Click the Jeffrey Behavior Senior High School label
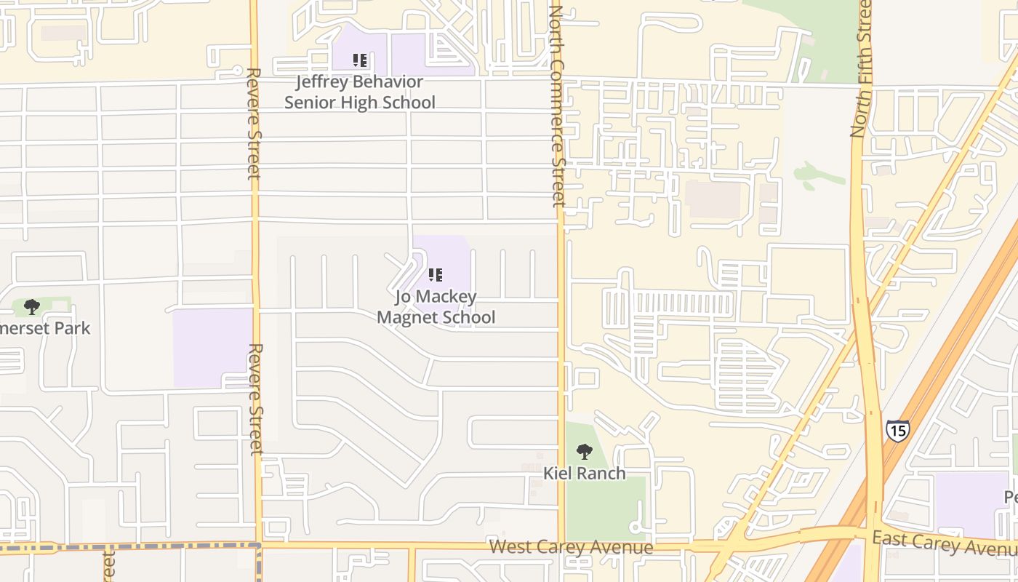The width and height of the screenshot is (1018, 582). (x=359, y=92)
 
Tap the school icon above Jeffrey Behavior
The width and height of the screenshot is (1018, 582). (x=359, y=60)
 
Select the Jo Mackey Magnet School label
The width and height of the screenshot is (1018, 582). (x=436, y=307)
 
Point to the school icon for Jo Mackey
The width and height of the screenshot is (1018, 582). (x=436, y=275)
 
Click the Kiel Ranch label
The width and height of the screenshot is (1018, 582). (x=585, y=474)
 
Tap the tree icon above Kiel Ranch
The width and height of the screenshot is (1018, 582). (x=584, y=452)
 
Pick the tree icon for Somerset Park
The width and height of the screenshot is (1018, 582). (x=31, y=307)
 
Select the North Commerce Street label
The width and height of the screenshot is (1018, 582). (x=558, y=105)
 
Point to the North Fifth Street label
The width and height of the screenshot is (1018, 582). (x=862, y=69)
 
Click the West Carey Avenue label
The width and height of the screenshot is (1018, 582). (x=571, y=547)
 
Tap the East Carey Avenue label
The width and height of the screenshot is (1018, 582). (x=945, y=543)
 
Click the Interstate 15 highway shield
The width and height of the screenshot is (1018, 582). (x=897, y=430)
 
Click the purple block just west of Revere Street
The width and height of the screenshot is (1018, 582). (x=212, y=348)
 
